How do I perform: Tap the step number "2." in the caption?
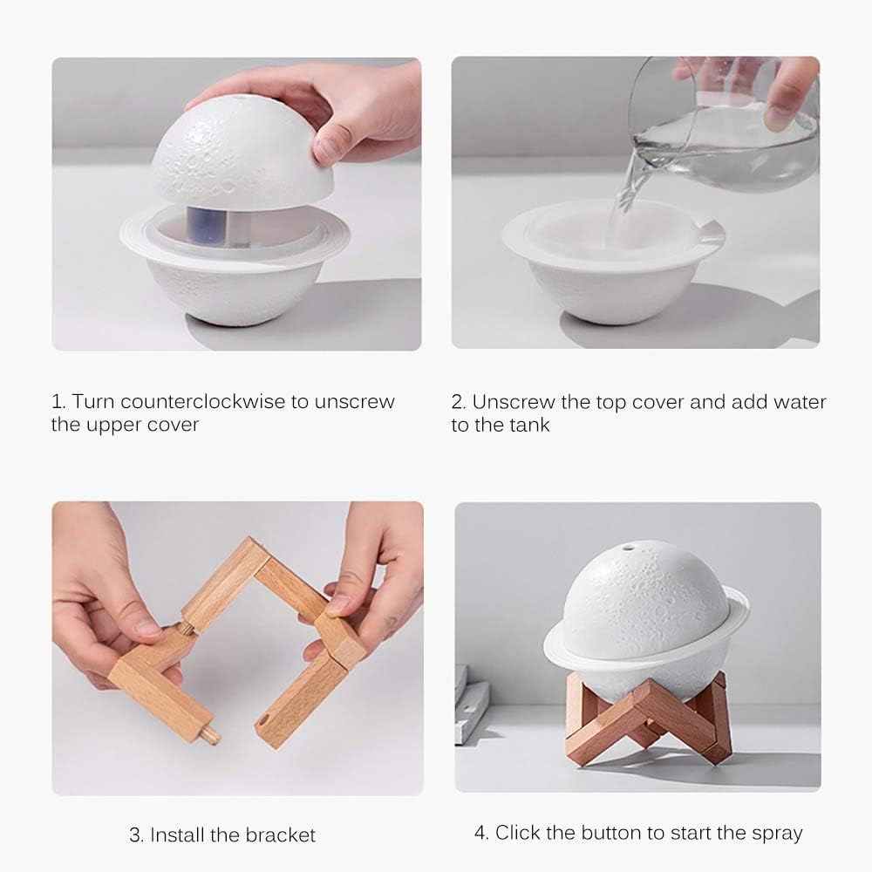tap(459, 402)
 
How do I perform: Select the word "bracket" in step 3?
tap(281, 835)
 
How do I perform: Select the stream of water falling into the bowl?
tap(626, 196)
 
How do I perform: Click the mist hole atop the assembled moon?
tap(629, 549)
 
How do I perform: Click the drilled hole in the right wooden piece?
tap(263, 722)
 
